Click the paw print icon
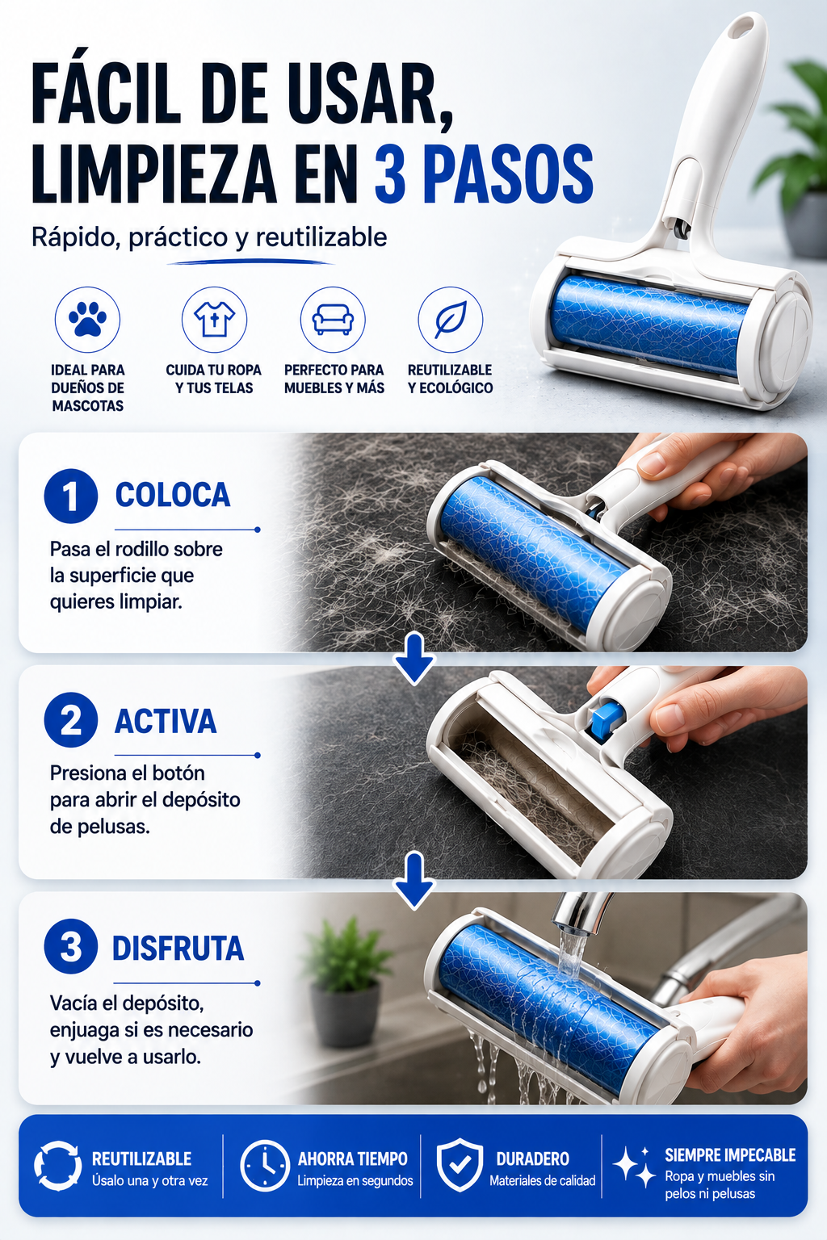(87, 320)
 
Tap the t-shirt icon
(214, 320)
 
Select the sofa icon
(333, 320)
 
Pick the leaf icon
(451, 320)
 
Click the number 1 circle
(71, 496)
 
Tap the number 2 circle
(71, 720)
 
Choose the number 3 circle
(71, 947)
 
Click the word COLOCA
(172, 495)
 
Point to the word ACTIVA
(165, 721)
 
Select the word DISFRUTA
(178, 949)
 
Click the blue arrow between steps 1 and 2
(414, 659)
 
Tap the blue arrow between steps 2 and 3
(414, 880)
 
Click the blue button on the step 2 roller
(606, 718)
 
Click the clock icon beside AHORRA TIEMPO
(265, 1165)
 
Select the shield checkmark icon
(460, 1165)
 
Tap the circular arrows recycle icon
(57, 1165)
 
